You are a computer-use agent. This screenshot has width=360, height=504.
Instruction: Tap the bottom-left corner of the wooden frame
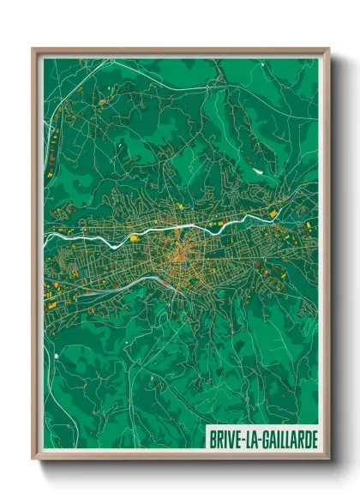33,459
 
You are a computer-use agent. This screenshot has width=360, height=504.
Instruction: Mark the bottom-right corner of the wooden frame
327,459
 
